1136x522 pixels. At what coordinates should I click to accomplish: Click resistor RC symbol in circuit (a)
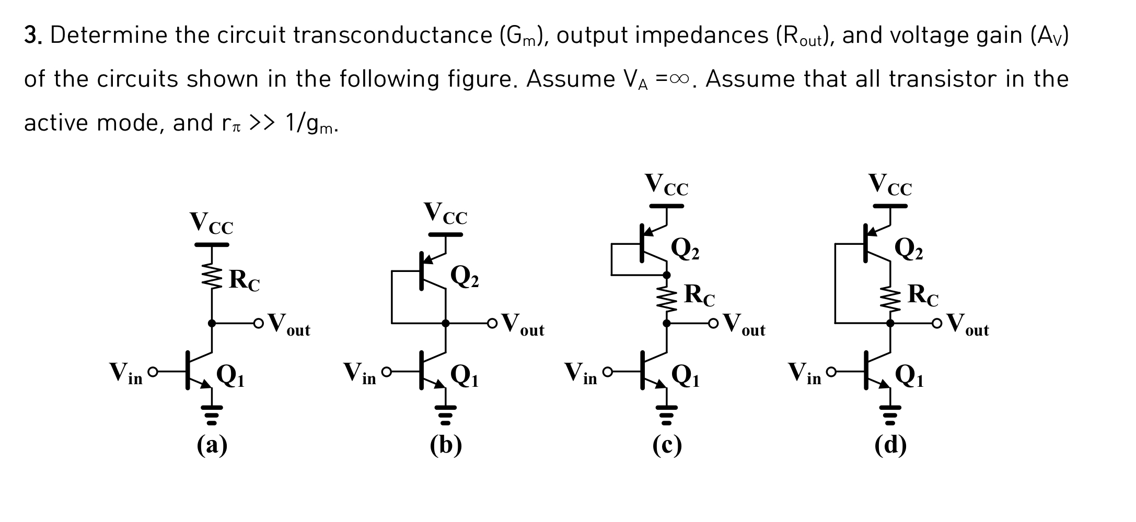212,276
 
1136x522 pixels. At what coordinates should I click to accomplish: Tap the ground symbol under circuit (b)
445,415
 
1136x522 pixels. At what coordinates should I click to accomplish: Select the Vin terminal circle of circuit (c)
607,372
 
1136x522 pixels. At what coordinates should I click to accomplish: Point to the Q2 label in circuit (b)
465,277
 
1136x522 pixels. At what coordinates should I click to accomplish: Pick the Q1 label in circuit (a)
230,375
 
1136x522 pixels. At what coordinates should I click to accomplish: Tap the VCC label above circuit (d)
890,185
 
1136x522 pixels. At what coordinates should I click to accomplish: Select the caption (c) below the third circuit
667,445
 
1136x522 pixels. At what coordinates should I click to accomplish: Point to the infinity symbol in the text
679,79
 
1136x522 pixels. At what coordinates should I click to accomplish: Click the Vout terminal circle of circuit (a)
258,324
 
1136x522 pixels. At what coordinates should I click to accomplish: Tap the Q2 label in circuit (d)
909,249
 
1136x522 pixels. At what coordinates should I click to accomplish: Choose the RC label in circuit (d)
923,295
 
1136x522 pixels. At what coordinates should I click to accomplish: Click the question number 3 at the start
33,35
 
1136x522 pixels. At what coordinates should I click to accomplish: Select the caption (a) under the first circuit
212,445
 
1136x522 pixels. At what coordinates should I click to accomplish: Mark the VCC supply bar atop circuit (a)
212,244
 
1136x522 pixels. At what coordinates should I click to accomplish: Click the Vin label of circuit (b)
360,374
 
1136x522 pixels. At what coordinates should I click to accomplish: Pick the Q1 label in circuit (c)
685,375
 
